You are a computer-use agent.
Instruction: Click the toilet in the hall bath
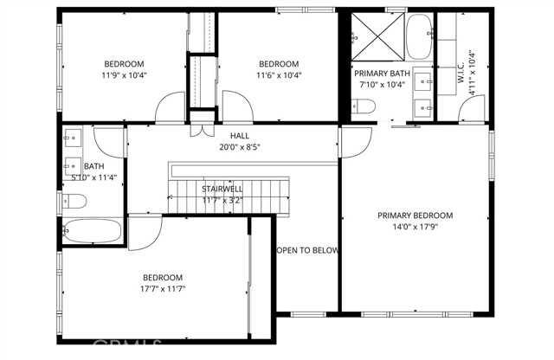tap(75, 202)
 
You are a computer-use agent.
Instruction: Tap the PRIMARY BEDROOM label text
tap(415, 215)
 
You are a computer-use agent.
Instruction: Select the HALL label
tap(240, 136)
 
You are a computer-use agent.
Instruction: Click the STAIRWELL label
tap(222, 188)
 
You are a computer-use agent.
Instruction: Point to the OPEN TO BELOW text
tap(307, 250)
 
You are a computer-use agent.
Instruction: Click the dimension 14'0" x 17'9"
tap(415, 228)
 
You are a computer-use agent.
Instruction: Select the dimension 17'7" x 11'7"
tap(164, 288)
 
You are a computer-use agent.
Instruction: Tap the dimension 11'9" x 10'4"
tap(125, 75)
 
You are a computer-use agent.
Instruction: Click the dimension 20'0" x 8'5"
tap(240, 147)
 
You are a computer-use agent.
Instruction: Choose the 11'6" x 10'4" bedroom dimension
tap(280, 75)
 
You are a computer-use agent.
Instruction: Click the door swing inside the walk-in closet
tap(471, 109)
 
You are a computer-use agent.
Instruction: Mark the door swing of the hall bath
tap(109, 140)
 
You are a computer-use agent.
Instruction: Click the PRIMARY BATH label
tap(382, 74)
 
